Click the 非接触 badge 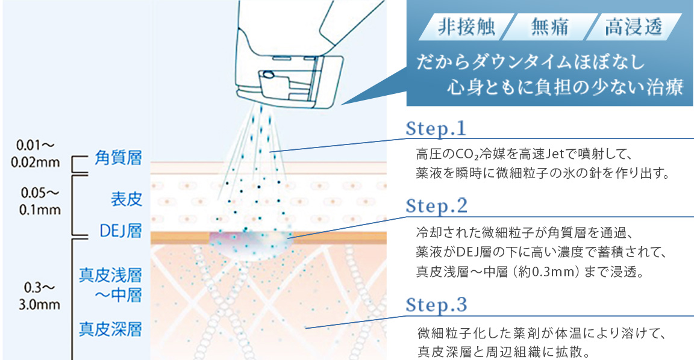(466, 27)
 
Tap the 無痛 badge (549, 27)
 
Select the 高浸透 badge (633, 27)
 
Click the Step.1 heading (436, 129)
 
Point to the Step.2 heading (436, 206)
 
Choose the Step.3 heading (436, 305)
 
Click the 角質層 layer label (118, 158)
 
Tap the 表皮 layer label (127, 199)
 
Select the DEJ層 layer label (121, 231)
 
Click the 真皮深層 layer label (111, 329)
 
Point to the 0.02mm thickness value (36, 163)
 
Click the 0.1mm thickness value (40, 209)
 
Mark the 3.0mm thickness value (39, 304)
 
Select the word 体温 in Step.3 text (576, 332)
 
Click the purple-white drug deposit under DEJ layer (251, 244)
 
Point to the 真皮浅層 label (111, 275)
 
